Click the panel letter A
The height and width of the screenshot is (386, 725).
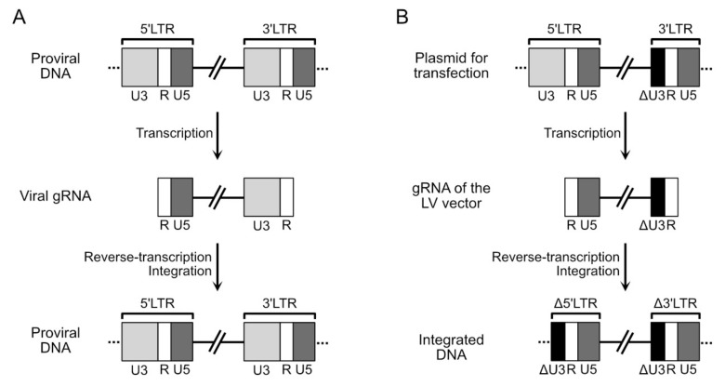tap(16, 16)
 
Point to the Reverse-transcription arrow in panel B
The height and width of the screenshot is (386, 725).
tap(625, 265)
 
